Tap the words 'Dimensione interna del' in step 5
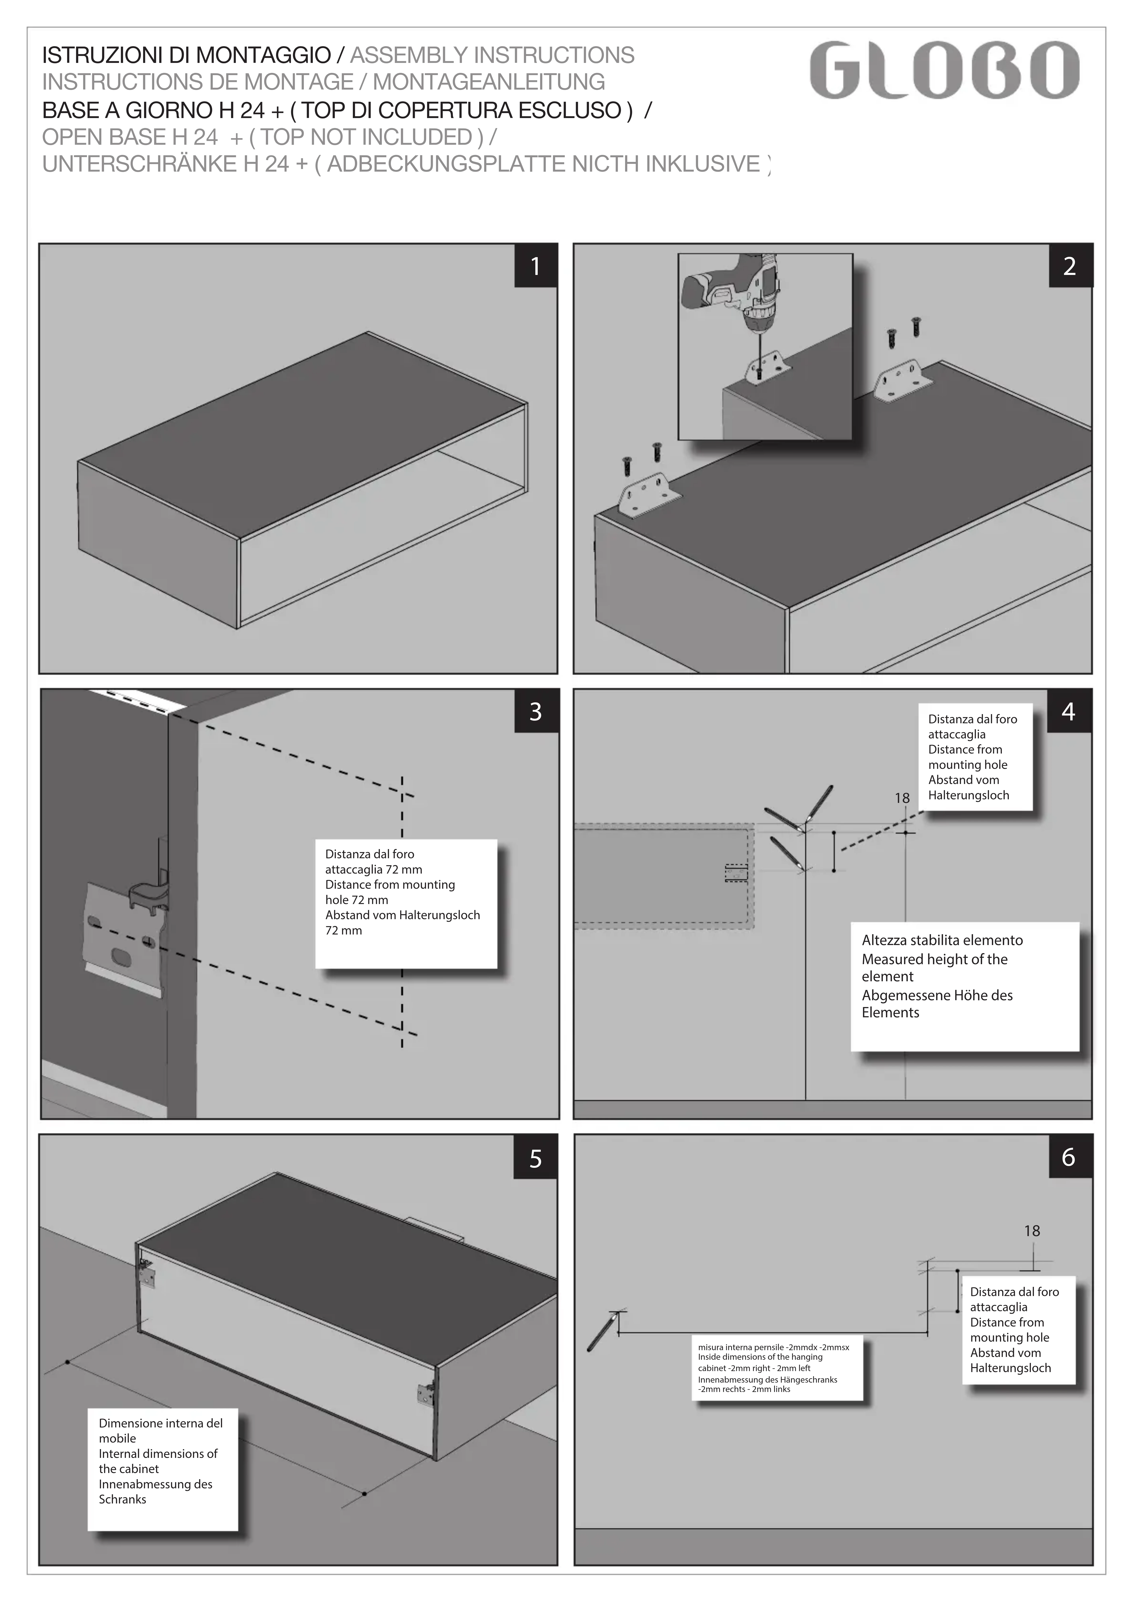(x=161, y=1423)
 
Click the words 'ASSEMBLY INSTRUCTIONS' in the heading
(x=492, y=55)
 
